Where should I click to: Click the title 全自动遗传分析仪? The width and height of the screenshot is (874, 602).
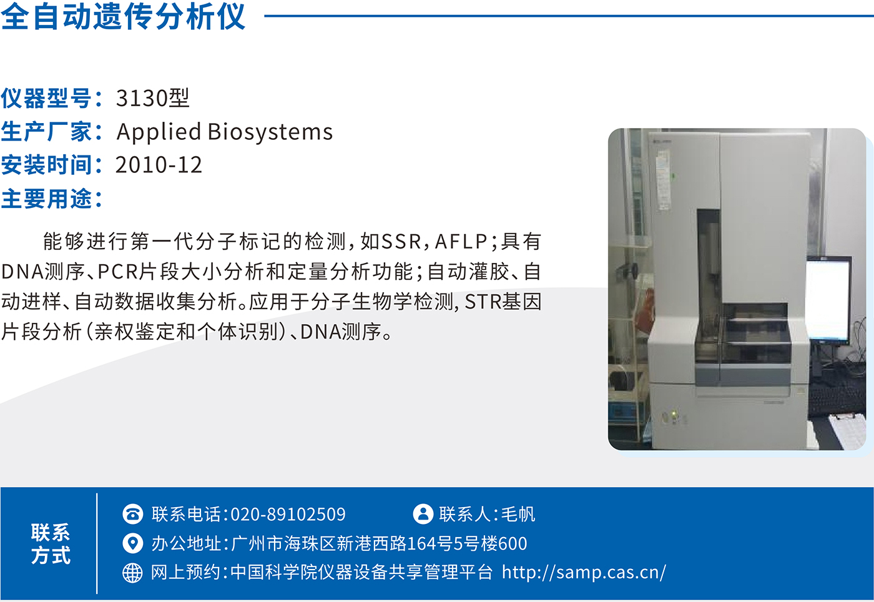[x=123, y=16]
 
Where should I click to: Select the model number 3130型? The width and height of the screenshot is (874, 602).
[x=152, y=97]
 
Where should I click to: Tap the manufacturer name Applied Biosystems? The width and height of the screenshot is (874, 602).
[x=224, y=132]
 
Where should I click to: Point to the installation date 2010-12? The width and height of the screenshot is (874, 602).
[x=159, y=165]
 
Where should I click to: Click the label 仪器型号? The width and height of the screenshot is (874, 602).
[x=46, y=97]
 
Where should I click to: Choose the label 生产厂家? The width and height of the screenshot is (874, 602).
[x=46, y=131]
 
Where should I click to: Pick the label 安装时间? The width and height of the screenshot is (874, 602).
[x=46, y=165]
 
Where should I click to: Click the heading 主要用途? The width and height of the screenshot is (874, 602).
[x=46, y=199]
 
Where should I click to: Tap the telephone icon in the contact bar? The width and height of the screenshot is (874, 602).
[x=132, y=514]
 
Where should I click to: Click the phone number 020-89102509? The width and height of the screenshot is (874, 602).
[x=288, y=514]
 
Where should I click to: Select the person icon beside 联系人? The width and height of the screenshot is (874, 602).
[x=423, y=514]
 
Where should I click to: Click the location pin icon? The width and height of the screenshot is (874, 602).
[x=132, y=543]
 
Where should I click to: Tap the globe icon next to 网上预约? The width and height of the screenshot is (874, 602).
[x=132, y=573]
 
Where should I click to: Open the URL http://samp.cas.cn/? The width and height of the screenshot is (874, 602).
[x=584, y=572]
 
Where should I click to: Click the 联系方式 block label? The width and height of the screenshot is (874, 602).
[x=51, y=543]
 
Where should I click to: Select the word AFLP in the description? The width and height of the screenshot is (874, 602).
[x=461, y=241]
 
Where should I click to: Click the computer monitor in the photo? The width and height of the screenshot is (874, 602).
[x=829, y=300]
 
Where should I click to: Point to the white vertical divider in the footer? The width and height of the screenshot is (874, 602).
[x=97, y=543]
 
